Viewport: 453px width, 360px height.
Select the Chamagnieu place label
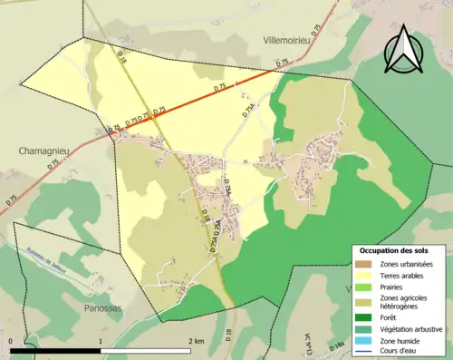pyautogui.click(x=39, y=151)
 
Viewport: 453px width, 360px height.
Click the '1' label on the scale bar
pyautogui.click(x=101, y=340)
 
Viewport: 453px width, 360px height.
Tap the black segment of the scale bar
pyautogui.click(x=55, y=350)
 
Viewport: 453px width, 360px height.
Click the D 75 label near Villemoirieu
pyautogui.click(x=283, y=63)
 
